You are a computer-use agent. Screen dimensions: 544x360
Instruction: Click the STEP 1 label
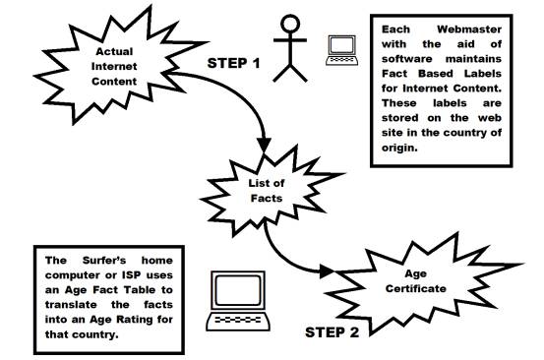pos(233,64)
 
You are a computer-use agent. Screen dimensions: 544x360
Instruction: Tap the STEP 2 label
pos(332,332)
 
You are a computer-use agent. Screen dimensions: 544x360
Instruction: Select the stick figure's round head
pos(290,24)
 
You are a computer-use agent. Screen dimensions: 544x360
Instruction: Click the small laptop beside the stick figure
pos(341,50)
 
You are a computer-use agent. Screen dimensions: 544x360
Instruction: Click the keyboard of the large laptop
pos(238,320)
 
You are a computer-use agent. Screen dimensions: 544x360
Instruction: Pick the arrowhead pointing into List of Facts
pos(264,145)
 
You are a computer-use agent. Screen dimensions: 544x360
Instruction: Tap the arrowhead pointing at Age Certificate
pos(327,271)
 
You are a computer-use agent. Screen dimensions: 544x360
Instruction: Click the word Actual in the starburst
pos(114,51)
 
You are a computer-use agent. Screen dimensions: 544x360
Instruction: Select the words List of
pos(267,183)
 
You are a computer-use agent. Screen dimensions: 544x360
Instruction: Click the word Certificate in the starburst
pos(416,288)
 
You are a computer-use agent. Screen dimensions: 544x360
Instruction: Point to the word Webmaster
pos(469,30)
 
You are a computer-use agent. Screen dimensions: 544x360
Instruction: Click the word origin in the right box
pos(399,149)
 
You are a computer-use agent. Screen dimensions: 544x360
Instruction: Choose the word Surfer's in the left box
pos(104,260)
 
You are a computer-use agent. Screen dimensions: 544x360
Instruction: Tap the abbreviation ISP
pos(132,275)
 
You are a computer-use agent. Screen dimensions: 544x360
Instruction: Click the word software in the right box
pos(407,59)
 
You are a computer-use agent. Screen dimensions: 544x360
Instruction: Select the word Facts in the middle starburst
pos(267,198)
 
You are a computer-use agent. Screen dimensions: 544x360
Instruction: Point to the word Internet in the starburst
pos(114,66)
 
